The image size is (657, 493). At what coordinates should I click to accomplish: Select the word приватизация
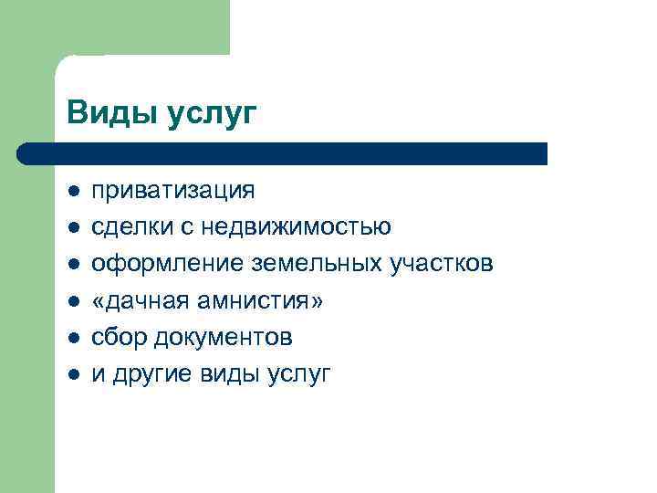173,191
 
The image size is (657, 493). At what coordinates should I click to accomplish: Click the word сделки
126,226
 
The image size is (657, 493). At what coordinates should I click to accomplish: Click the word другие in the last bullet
148,374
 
